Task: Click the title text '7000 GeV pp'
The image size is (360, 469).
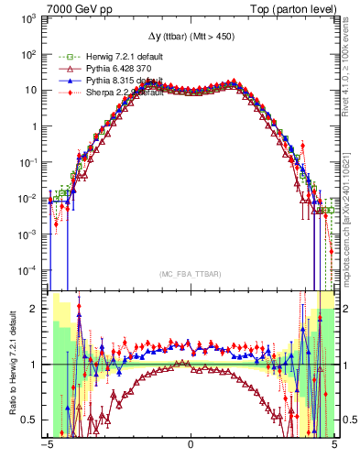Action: click(74, 7)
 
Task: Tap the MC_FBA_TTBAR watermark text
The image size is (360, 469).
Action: click(191, 274)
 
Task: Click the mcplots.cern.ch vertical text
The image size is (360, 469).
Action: click(350, 213)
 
